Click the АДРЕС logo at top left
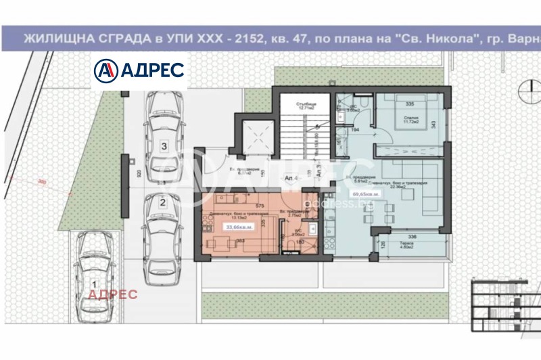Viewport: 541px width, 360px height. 139,70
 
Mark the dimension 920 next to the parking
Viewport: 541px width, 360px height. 139,173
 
